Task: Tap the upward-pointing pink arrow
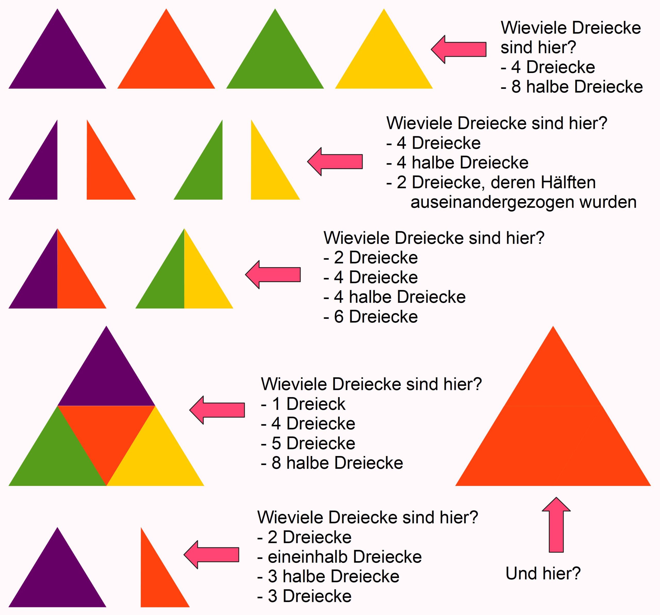pos(556,525)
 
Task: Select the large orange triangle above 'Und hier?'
pos(553,432)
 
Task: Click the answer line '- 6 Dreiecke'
pos(370,316)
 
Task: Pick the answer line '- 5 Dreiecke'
pos(308,443)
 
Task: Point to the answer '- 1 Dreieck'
pos(303,404)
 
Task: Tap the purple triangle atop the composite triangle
pos(106,379)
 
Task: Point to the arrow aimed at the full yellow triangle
pos(459,49)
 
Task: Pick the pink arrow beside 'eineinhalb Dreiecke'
pos(211,555)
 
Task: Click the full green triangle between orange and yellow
pos(275,61)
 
